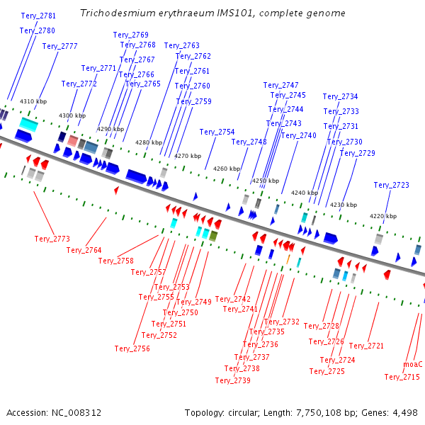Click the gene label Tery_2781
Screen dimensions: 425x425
[38, 16]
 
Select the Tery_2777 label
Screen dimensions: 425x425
[59, 46]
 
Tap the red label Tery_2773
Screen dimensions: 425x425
[52, 239]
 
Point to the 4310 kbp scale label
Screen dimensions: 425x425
[33, 101]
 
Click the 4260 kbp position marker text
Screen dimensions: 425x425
[227, 169]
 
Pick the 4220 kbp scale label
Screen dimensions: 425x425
[383, 216]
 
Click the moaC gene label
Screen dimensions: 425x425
[413, 364]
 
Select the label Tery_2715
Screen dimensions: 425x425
[402, 377]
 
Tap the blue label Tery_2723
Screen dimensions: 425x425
[391, 185]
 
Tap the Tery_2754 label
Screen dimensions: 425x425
[217, 132]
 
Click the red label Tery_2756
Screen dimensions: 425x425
[132, 348]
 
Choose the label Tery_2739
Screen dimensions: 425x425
[233, 380]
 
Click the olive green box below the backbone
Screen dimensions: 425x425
[213, 236]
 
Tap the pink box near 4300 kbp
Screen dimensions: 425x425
[73, 141]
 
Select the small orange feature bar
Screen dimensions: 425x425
[288, 259]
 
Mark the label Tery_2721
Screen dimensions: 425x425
[366, 346]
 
